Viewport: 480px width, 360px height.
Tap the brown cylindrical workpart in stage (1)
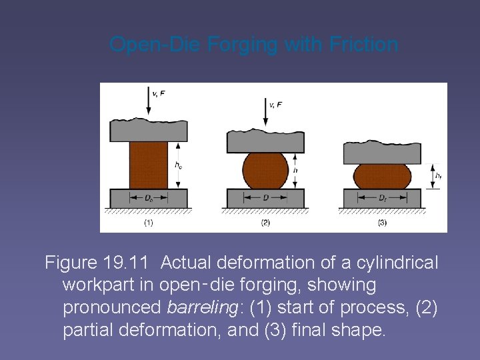[148, 165]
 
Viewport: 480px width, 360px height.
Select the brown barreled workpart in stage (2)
[265, 171]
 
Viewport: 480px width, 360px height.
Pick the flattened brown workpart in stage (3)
[382, 176]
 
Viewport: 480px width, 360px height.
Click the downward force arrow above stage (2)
[265, 113]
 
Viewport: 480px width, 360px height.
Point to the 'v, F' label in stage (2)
[275, 105]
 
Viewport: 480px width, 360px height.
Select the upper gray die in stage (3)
[382, 153]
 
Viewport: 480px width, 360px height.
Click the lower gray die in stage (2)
[265, 199]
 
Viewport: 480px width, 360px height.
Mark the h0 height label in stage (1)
[177, 165]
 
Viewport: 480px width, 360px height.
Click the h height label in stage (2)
[295, 171]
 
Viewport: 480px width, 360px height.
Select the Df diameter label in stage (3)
[382, 198]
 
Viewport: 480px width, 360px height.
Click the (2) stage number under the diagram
[265, 223]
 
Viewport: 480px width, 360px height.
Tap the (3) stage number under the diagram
[382, 223]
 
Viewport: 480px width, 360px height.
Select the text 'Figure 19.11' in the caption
[98, 263]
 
